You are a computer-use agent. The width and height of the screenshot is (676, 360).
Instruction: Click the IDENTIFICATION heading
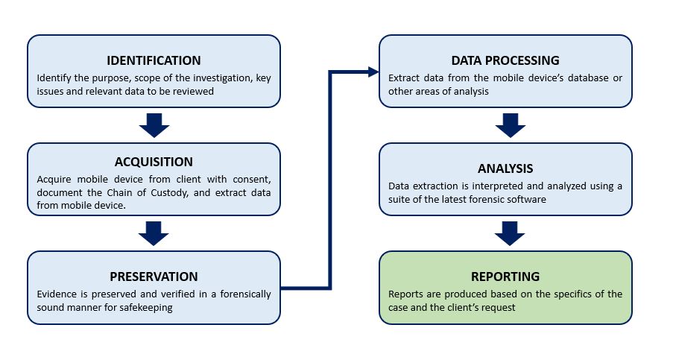[x=154, y=60]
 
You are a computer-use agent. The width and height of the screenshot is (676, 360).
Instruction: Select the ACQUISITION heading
[x=154, y=162]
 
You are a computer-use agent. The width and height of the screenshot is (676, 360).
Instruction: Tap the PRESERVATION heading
[x=154, y=276]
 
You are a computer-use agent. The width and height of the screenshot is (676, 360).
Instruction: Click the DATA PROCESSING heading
[x=505, y=60]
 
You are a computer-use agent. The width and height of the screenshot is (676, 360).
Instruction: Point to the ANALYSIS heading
[x=505, y=168]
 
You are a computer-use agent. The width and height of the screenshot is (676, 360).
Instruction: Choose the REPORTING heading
[x=505, y=277]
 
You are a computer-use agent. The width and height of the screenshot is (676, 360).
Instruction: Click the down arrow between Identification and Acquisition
[x=154, y=125]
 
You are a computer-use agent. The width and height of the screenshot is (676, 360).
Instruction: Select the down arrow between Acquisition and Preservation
[x=154, y=233]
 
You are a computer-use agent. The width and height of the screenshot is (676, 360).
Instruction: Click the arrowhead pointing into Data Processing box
[x=373, y=72]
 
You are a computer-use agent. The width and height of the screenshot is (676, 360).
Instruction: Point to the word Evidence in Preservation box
[x=57, y=294]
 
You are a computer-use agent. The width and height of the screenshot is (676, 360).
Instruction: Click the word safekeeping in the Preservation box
[x=144, y=307]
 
